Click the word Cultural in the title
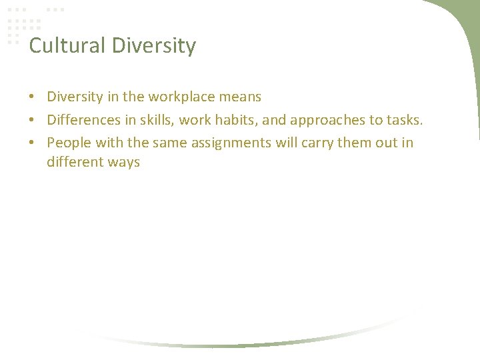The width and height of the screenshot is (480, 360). [67, 46]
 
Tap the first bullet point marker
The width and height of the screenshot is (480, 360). [32, 97]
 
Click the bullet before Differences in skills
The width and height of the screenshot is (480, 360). [32, 120]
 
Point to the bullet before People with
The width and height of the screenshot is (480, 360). [32, 143]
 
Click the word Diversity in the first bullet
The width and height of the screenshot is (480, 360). [75, 97]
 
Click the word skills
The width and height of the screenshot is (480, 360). [154, 119]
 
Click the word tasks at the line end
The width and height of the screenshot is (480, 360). [405, 119]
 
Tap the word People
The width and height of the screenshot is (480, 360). [69, 143]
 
